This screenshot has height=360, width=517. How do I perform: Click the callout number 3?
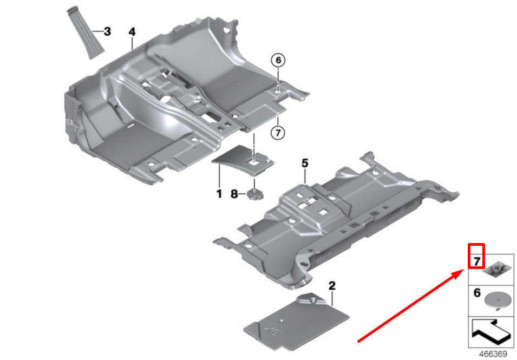(x=107, y=31)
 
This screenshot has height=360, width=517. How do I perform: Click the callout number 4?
(x=132, y=32)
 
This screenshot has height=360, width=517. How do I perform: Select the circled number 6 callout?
(x=278, y=61)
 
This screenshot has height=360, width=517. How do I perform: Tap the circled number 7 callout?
(x=278, y=132)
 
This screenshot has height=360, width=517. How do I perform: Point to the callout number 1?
(x=219, y=193)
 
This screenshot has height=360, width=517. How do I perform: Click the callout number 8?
(x=234, y=193)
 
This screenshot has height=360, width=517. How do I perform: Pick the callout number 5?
(x=305, y=162)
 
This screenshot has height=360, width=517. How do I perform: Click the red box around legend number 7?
(x=476, y=256)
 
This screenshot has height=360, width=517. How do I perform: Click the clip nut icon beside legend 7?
(x=496, y=269)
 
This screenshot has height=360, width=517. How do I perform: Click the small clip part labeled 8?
(x=254, y=193)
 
